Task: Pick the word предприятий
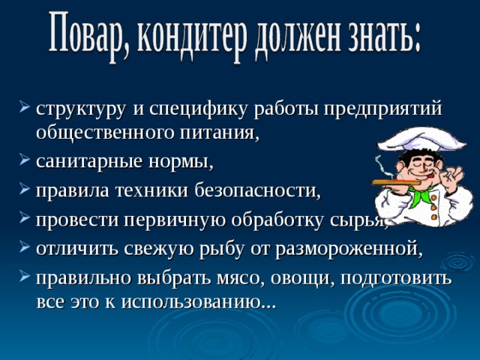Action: coord(383,109)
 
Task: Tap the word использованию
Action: coord(198,302)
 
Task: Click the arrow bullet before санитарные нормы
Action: coord(25,160)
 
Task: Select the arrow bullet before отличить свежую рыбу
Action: coord(25,247)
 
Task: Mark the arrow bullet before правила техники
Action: coord(25,188)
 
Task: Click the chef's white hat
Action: coord(421,139)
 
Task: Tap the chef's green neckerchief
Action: coord(421,195)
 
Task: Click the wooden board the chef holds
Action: coord(397,183)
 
